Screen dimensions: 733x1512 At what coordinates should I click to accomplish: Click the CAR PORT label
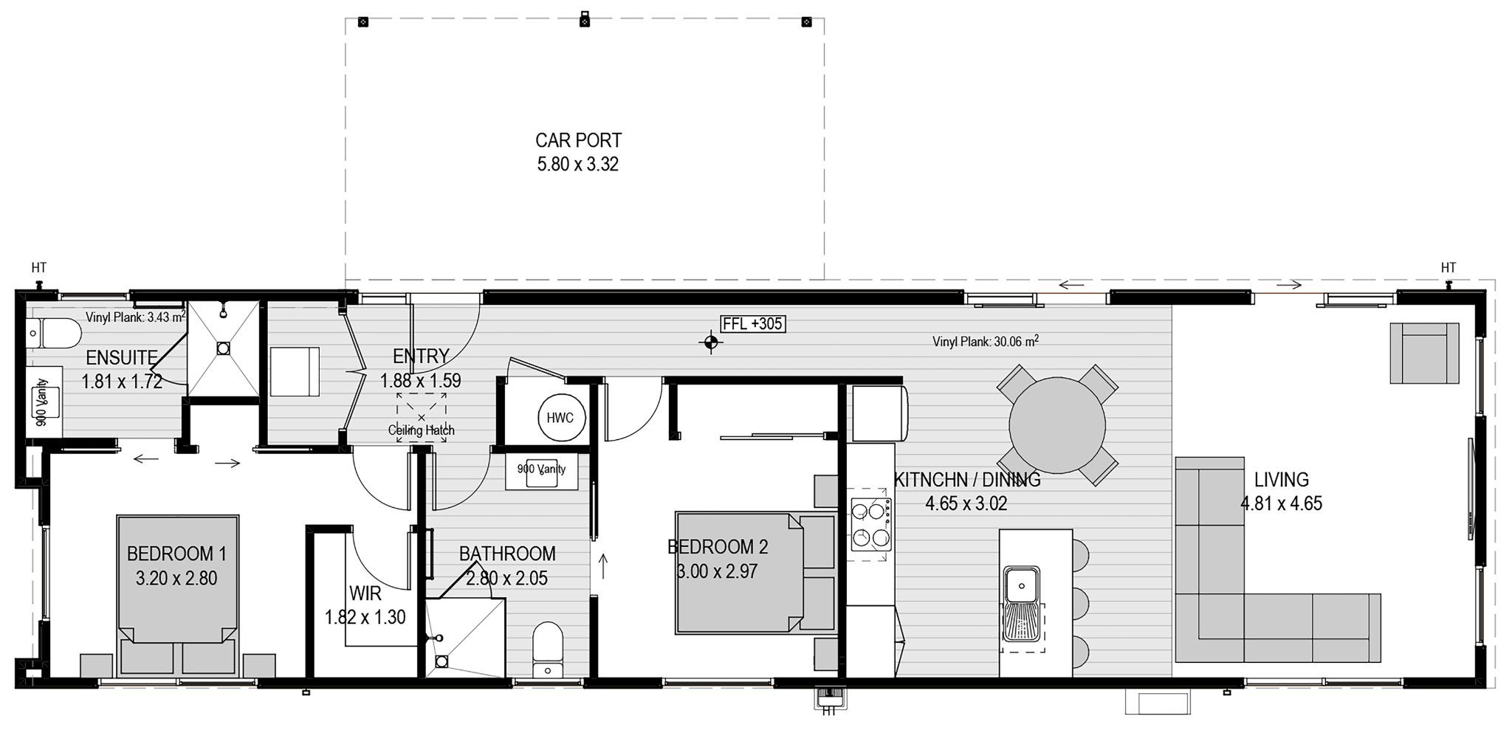(578, 140)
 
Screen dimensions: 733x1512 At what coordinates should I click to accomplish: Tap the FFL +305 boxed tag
(752, 323)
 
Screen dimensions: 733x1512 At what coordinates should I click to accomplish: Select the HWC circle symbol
(560, 418)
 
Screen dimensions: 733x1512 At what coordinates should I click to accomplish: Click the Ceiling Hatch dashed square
(421, 418)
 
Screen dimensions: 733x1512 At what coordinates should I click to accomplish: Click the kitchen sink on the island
(1021, 586)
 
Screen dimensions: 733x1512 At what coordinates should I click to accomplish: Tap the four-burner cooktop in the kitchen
(870, 525)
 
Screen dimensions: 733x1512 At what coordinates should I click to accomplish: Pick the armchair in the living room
(1424, 353)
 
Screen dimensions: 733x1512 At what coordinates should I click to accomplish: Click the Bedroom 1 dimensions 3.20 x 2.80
(176, 578)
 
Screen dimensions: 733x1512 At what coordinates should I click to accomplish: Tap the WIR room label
(365, 593)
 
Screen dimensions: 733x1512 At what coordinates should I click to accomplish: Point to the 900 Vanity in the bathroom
(542, 472)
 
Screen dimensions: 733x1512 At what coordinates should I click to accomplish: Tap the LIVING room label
(1281, 480)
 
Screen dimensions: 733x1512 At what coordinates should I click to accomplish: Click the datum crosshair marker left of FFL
(710, 342)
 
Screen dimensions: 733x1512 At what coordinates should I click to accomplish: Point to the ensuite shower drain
(223, 347)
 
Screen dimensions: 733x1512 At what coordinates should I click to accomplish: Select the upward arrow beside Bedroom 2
(603, 566)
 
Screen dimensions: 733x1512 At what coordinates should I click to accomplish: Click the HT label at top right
(1448, 267)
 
